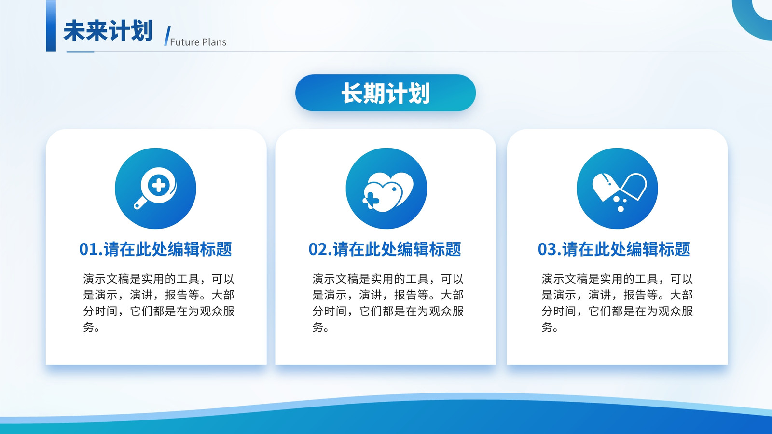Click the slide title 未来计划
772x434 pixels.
coord(108,31)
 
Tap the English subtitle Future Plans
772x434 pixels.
coord(198,42)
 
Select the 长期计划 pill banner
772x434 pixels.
coord(386,93)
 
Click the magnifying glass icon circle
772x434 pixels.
coord(155,189)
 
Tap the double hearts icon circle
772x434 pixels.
coord(386,189)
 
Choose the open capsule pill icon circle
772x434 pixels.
coord(617,189)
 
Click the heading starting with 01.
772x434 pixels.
coord(155,249)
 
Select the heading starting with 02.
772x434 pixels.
coord(385,249)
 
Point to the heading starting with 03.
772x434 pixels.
coord(614,249)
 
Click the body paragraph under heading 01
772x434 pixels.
coord(159,303)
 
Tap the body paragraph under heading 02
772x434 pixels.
coord(388,303)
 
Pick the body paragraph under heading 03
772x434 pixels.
coord(617,303)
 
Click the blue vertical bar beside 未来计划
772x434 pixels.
coord(51,26)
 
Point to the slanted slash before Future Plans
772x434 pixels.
coord(167,36)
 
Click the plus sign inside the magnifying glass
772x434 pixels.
coord(159,185)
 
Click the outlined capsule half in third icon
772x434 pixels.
coord(634,186)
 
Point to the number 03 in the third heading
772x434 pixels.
coord(547,249)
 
